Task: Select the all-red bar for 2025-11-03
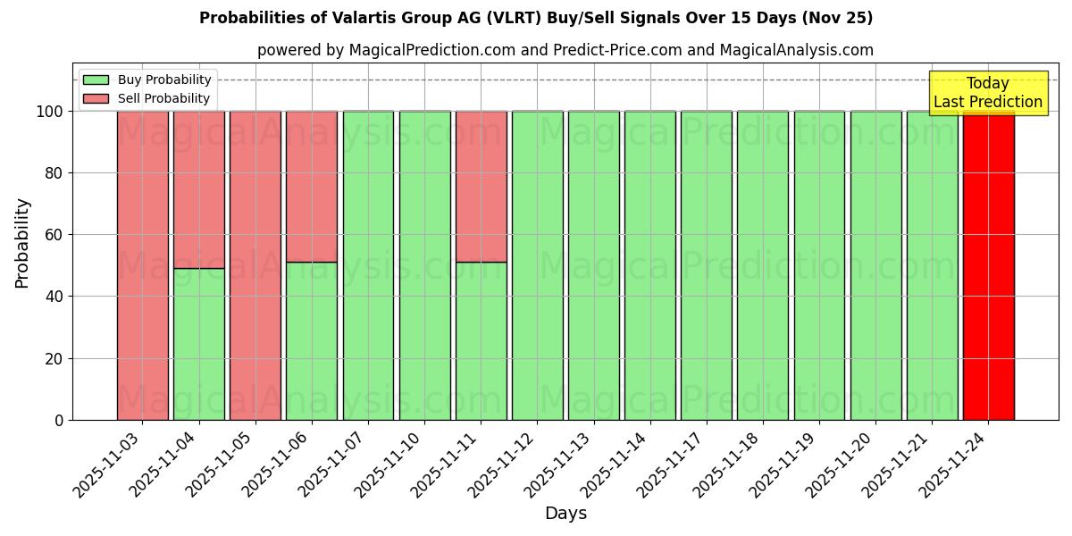[142, 265]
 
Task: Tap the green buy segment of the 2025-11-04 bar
[198, 344]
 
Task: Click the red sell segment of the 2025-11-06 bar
[312, 186]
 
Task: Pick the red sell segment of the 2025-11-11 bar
[481, 186]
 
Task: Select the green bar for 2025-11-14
[649, 265]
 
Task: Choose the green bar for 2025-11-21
[932, 265]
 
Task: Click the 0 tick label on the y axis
[60, 421]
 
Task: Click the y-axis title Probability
[22, 242]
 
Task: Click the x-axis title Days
[565, 514]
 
